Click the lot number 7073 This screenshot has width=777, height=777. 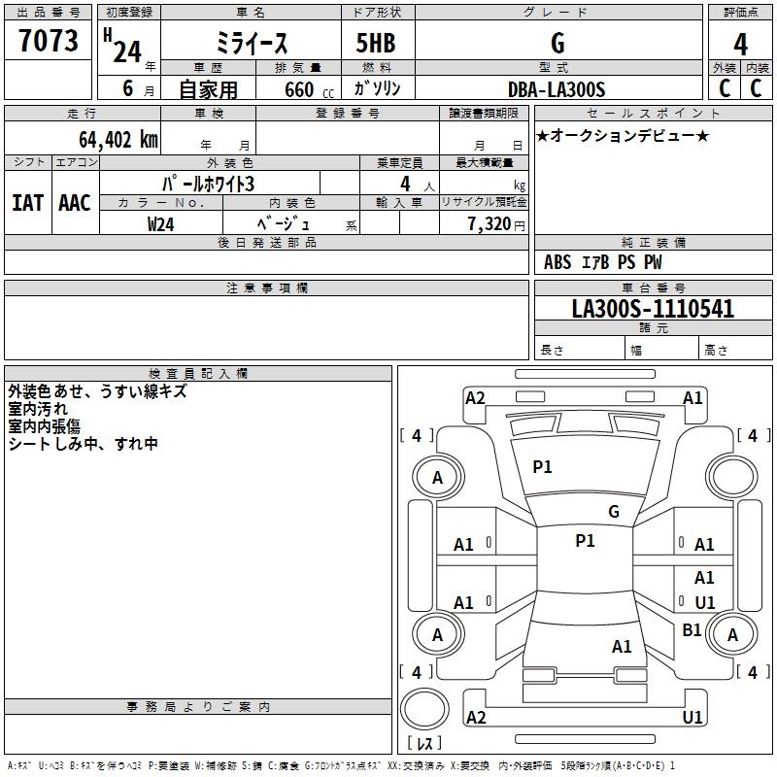48,42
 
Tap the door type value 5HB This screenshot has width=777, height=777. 376,44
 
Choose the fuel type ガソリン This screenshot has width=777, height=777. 378,88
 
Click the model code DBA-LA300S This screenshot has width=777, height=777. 556,89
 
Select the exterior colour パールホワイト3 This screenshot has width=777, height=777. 208,183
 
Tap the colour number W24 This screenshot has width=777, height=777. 160,223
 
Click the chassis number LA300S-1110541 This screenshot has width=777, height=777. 639,309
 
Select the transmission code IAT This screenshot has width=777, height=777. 26,202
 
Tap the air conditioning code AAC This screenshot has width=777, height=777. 74,202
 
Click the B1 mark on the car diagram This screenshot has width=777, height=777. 692,630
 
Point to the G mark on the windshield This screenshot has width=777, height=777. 613,511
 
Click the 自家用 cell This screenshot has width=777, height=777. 208,89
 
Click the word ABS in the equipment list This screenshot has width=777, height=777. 557,262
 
